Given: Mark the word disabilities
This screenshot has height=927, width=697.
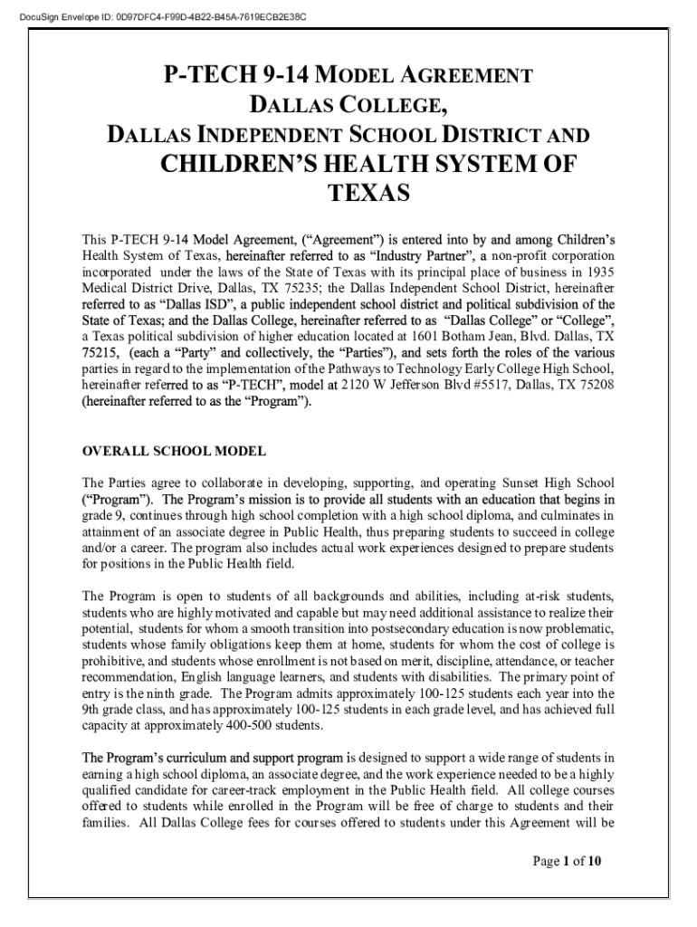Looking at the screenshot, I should pyautogui.click(x=452, y=677).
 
